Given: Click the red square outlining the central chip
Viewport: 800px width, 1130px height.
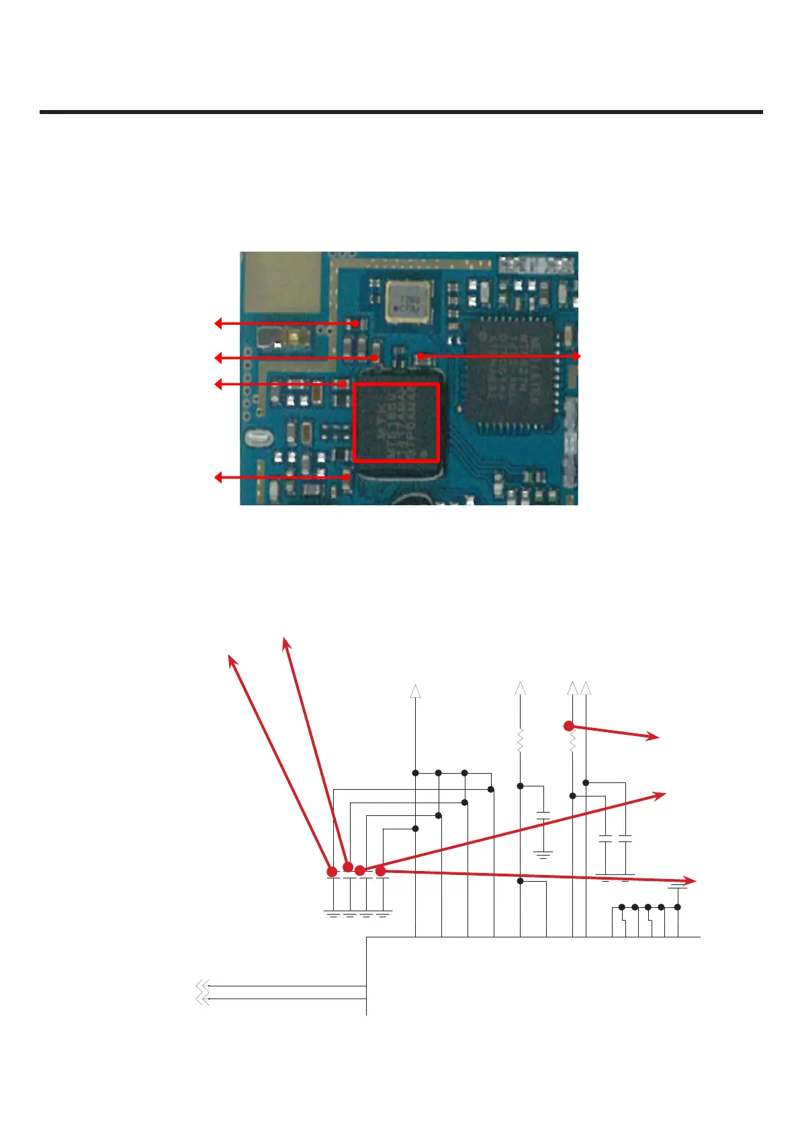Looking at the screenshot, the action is (x=396, y=422).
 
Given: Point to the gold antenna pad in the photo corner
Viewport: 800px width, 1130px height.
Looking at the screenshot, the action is (x=280, y=282).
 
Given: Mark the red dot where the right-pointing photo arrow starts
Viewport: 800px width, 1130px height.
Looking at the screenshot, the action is (x=420, y=356).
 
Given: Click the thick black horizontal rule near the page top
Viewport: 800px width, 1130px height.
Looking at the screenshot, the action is (x=401, y=112).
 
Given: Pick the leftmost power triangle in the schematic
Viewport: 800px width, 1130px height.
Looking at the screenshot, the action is (x=416, y=691).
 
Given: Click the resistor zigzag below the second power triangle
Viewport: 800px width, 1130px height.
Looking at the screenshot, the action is (x=520, y=741).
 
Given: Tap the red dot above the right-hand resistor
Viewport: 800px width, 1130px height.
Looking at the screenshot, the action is (x=569, y=725).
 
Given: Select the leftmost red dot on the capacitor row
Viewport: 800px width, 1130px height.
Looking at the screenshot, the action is (x=332, y=872).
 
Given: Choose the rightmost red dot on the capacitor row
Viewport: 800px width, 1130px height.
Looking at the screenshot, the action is (x=381, y=871).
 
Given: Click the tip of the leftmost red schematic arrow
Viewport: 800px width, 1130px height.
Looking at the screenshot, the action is (x=231, y=658).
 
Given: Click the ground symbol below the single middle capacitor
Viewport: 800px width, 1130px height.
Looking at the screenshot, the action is (x=543, y=856).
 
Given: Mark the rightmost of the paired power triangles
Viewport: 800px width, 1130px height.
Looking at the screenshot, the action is (x=586, y=688).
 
